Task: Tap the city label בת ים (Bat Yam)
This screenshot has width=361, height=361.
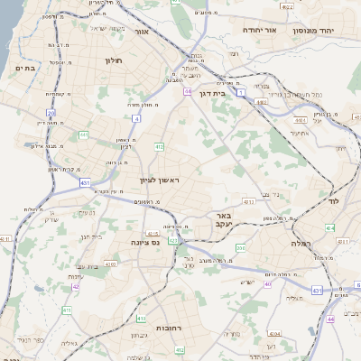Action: click(24, 67)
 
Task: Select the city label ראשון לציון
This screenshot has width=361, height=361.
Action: click(160, 180)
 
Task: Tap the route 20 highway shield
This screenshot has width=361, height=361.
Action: click(51, 113)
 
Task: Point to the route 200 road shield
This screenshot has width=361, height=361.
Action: click(240, 246)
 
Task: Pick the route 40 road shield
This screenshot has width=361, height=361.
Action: click(268, 284)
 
